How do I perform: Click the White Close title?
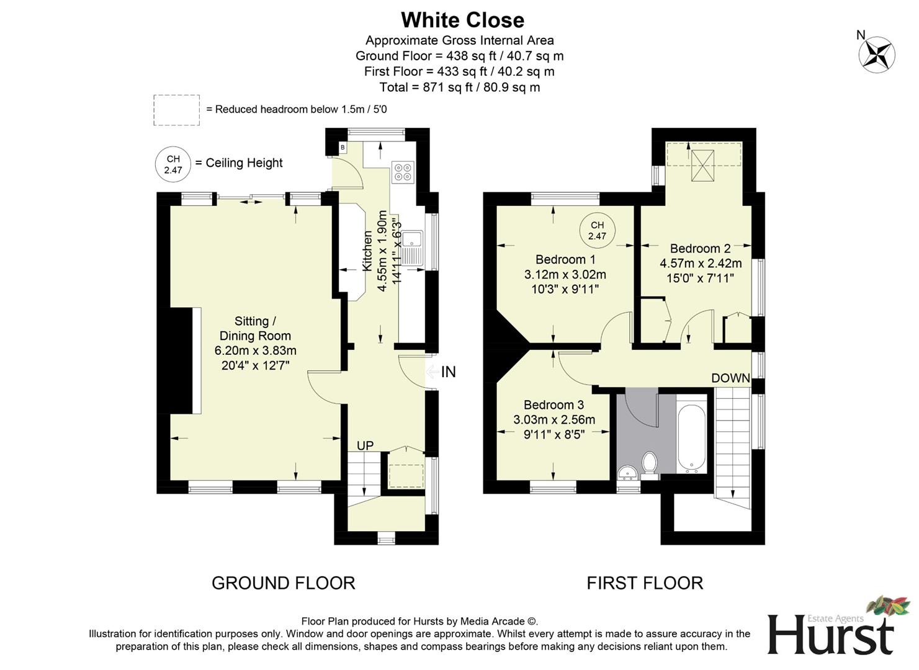462,20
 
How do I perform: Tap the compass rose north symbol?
876,53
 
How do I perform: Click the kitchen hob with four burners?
403,171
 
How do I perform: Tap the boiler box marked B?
342,147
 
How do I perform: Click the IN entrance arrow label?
447,372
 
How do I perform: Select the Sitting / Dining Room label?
255,328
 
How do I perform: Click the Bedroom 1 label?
565,259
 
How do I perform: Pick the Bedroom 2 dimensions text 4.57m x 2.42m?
700,263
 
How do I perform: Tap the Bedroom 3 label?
554,404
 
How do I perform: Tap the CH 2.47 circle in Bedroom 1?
597,230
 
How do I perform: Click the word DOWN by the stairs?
730,378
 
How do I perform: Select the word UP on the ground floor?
365,445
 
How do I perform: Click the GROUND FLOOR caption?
283,583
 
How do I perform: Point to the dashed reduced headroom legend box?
177,110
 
